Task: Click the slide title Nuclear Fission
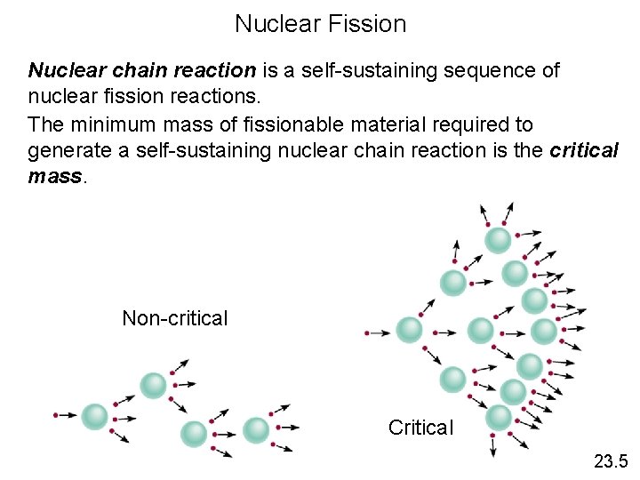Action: [320, 24]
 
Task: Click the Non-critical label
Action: [175, 318]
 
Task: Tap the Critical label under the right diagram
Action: [420, 428]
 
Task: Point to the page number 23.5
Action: [611, 460]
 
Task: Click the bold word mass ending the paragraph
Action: [54, 175]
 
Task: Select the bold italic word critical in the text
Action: [584, 149]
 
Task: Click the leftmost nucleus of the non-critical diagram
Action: [94, 415]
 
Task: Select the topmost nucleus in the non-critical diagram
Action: [153, 385]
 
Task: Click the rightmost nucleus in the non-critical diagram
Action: [255, 429]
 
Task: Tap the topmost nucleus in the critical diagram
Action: [498, 239]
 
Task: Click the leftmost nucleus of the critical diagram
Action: [409, 330]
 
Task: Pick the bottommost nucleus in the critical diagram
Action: [500, 416]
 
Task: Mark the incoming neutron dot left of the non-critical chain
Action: [56, 415]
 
